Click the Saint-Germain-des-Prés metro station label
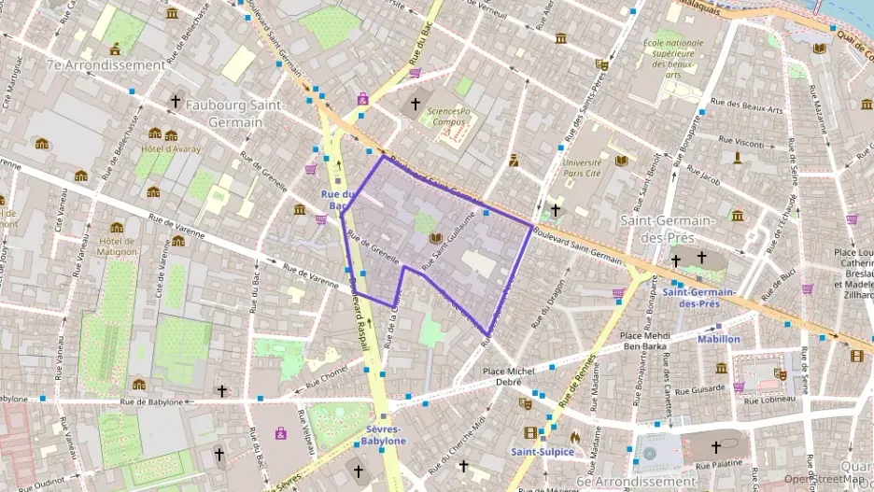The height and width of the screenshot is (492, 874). (698, 298)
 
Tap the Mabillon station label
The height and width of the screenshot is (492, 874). (719, 339)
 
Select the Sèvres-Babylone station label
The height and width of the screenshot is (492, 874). (384, 434)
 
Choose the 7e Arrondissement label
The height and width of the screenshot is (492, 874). (106, 65)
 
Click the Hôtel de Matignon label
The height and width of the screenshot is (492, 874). (117, 246)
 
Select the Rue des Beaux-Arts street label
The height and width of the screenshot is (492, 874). (746, 106)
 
